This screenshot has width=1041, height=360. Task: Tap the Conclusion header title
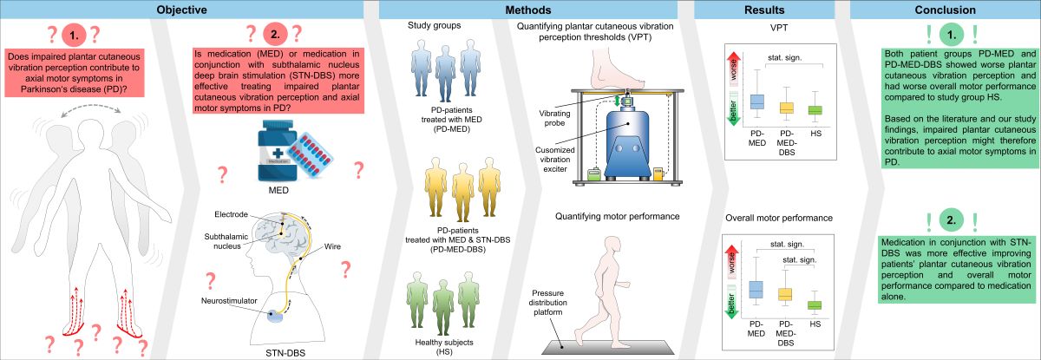point(943,10)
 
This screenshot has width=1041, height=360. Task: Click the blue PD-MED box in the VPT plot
point(756,101)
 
